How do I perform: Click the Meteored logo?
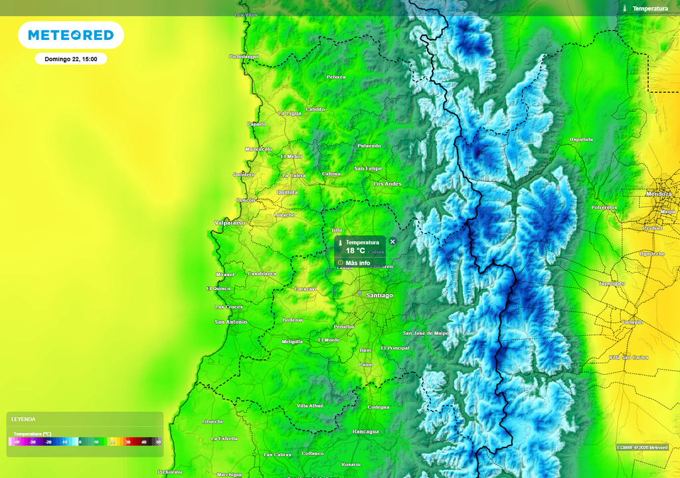(x=70, y=35)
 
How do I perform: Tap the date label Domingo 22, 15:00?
(x=71, y=59)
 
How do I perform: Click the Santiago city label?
(x=379, y=295)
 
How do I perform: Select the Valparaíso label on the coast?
(x=230, y=222)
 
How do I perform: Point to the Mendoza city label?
(x=659, y=193)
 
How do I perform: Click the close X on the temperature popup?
(x=392, y=242)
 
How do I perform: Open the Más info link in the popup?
(x=358, y=263)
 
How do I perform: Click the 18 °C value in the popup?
(x=355, y=251)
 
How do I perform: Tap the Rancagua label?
(x=366, y=432)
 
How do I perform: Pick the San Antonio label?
(x=230, y=322)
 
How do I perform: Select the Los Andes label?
(x=387, y=184)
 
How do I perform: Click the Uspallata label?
(x=582, y=139)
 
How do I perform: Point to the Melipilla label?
(x=292, y=341)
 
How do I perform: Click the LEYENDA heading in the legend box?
(x=23, y=420)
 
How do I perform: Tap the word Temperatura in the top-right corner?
(x=650, y=9)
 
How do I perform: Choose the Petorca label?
(x=336, y=77)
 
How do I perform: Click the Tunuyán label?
(x=632, y=322)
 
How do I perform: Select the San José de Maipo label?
(x=426, y=333)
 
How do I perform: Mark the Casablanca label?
(x=262, y=274)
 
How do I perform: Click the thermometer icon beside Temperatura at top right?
(x=625, y=9)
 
